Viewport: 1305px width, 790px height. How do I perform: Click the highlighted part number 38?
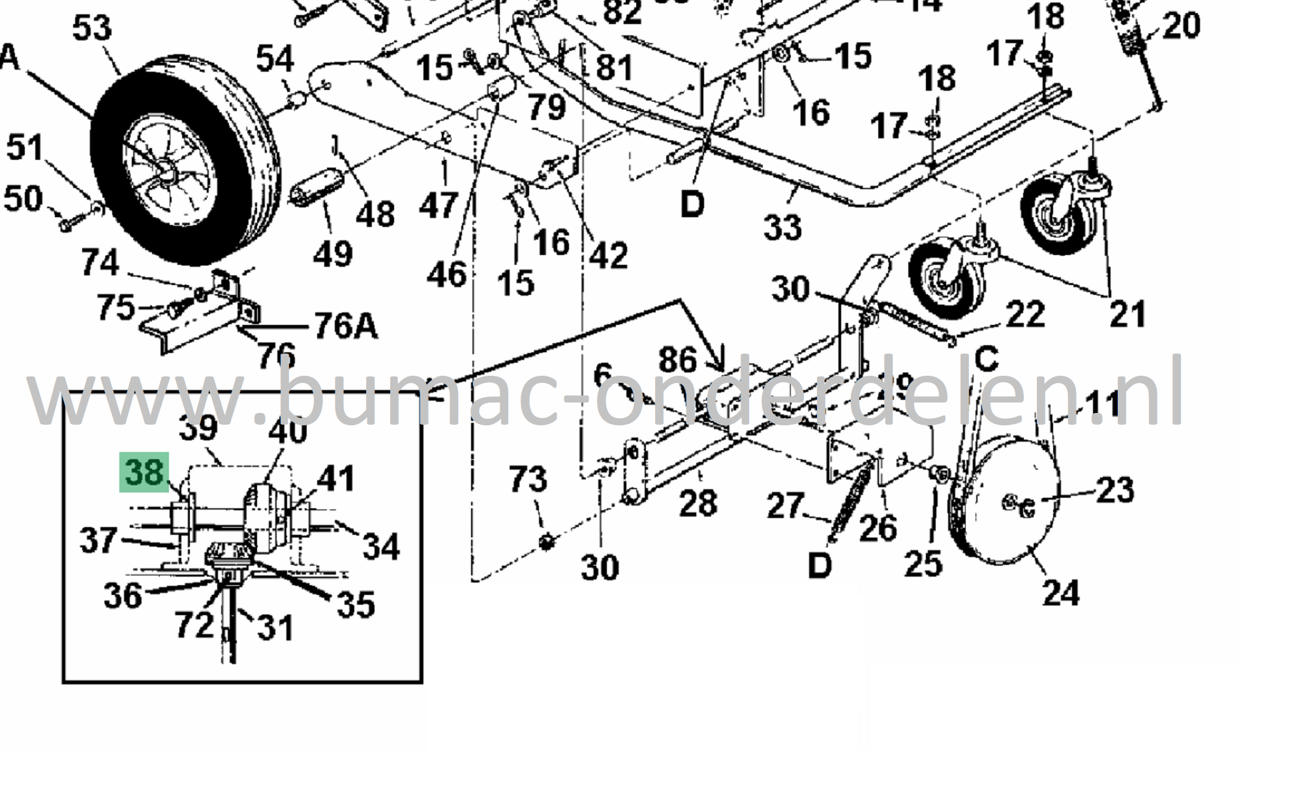(x=144, y=472)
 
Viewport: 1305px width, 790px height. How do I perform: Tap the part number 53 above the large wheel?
(x=91, y=29)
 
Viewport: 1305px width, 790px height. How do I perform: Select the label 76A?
(x=345, y=326)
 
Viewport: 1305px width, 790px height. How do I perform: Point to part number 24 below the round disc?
(x=1060, y=593)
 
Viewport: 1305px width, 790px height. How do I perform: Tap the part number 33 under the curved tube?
(x=782, y=227)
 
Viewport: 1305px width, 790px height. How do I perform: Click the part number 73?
(x=527, y=479)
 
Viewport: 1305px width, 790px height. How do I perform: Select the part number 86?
(x=677, y=360)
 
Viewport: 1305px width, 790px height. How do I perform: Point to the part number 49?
(x=333, y=253)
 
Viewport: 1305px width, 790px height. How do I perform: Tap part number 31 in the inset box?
(x=275, y=628)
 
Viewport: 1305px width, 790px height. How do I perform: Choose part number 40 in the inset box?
(x=288, y=431)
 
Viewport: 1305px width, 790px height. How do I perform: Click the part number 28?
(x=698, y=504)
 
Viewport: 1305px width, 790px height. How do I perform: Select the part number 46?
(x=446, y=273)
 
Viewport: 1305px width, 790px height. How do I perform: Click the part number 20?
(x=1180, y=26)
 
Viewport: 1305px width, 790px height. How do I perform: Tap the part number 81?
(x=614, y=67)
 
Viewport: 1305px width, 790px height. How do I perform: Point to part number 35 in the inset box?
(x=356, y=604)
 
